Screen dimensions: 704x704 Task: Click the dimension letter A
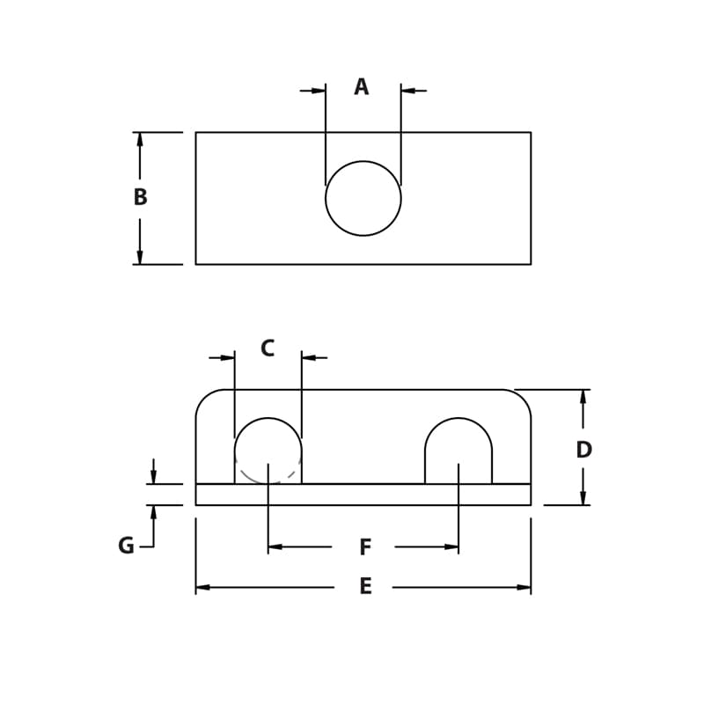coord(361,87)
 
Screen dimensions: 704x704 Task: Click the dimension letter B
coord(140,197)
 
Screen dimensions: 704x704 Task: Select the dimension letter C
coord(268,348)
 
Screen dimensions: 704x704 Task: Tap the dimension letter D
coord(583,450)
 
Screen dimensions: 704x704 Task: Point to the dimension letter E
coord(364,587)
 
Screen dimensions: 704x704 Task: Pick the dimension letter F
coord(364,547)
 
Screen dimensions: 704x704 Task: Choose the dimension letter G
coord(126,546)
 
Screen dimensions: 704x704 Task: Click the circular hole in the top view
coord(363,198)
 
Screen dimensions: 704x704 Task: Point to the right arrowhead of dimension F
coord(451,547)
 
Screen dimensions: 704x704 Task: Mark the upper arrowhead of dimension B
coord(139,139)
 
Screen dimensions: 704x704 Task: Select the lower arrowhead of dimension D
coord(583,498)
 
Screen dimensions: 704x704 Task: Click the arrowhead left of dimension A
coord(319,90)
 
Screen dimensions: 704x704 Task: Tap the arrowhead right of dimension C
coord(309,357)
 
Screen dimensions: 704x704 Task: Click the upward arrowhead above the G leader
coord(153,511)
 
